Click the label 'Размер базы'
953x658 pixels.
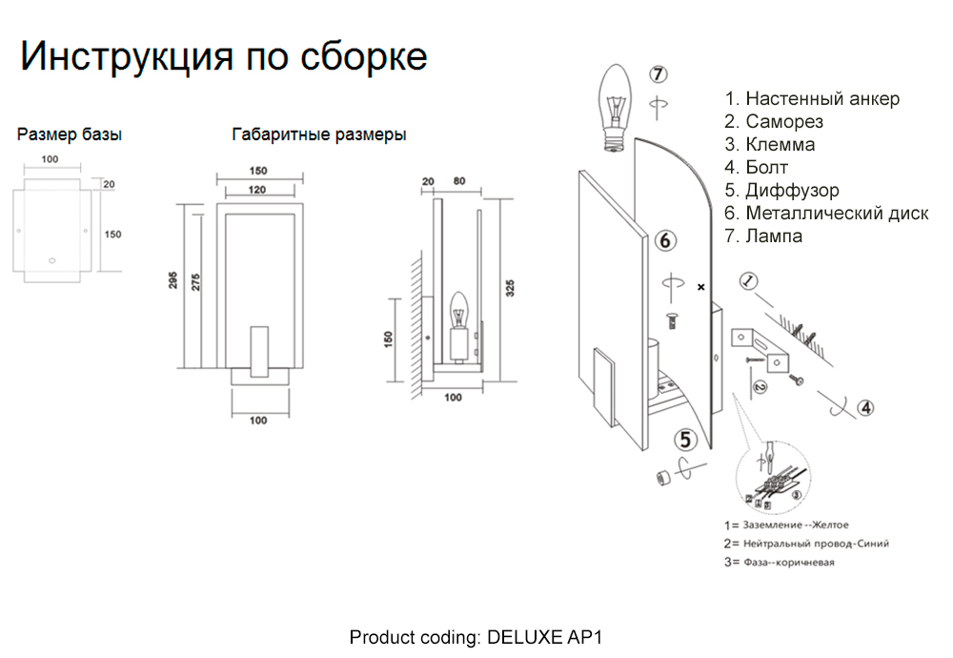click(x=70, y=134)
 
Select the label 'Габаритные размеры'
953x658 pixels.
click(x=319, y=134)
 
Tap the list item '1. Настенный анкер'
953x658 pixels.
click(x=812, y=99)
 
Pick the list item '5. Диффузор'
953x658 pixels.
click(x=781, y=191)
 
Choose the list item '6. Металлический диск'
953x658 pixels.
click(x=826, y=214)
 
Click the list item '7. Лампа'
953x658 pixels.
click(x=763, y=236)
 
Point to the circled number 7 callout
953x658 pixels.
click(x=659, y=74)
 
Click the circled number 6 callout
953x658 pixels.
click(x=666, y=241)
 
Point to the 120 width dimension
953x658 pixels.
click(x=258, y=191)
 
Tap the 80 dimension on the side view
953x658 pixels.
click(x=458, y=181)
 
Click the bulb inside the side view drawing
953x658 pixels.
click(x=457, y=310)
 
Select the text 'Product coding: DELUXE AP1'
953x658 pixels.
click(x=476, y=636)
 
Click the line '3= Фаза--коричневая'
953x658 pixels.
click(x=780, y=563)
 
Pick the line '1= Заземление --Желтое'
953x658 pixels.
click(x=786, y=525)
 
